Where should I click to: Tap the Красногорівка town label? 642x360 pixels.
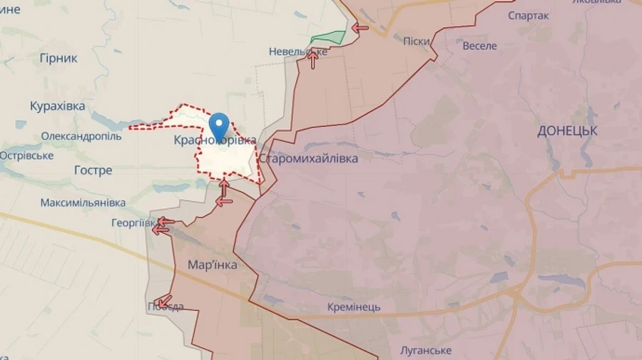click(x=215, y=141)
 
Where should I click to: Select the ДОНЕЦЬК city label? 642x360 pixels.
click(x=568, y=131)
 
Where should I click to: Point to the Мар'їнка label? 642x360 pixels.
click(x=212, y=265)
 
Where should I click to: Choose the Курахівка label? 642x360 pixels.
click(x=58, y=106)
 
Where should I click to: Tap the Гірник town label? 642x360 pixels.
click(x=58, y=58)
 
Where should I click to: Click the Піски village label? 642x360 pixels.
click(x=417, y=41)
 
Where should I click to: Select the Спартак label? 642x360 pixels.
click(x=528, y=16)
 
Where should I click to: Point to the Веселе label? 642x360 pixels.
click(x=479, y=46)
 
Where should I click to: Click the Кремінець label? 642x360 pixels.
click(x=354, y=307)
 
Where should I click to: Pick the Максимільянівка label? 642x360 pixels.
click(x=83, y=202)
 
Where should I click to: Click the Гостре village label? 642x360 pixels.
click(x=93, y=170)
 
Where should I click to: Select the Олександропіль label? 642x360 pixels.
click(x=81, y=136)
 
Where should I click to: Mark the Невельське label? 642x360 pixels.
click(x=298, y=51)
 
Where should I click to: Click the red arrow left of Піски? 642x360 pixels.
click(x=360, y=28)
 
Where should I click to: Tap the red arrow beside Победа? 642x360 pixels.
click(x=163, y=301)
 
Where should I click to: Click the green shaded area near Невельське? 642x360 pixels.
click(x=327, y=38)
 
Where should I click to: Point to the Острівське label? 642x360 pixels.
click(x=27, y=155)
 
